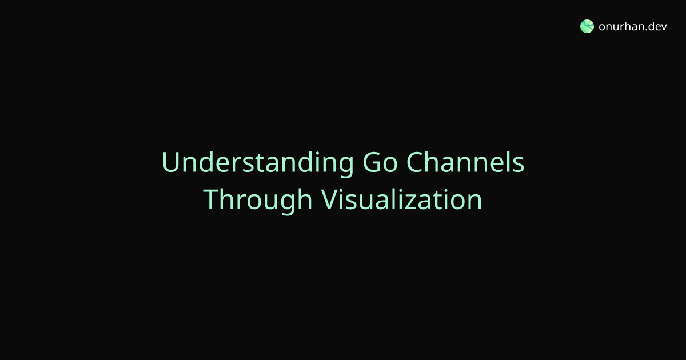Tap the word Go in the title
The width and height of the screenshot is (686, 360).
(380, 162)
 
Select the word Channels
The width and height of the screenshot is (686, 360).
(465, 162)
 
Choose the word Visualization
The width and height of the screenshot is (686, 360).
(401, 199)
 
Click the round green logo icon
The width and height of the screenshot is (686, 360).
(587, 26)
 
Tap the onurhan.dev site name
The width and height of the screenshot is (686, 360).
(633, 27)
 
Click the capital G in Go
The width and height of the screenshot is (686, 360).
(372, 162)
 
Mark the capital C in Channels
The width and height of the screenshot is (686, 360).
(415, 162)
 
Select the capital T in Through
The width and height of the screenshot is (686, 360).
(212, 200)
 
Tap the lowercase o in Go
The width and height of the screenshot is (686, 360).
(390, 165)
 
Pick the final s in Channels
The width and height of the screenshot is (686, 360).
(519, 165)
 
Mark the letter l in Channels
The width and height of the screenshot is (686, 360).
(508, 162)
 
